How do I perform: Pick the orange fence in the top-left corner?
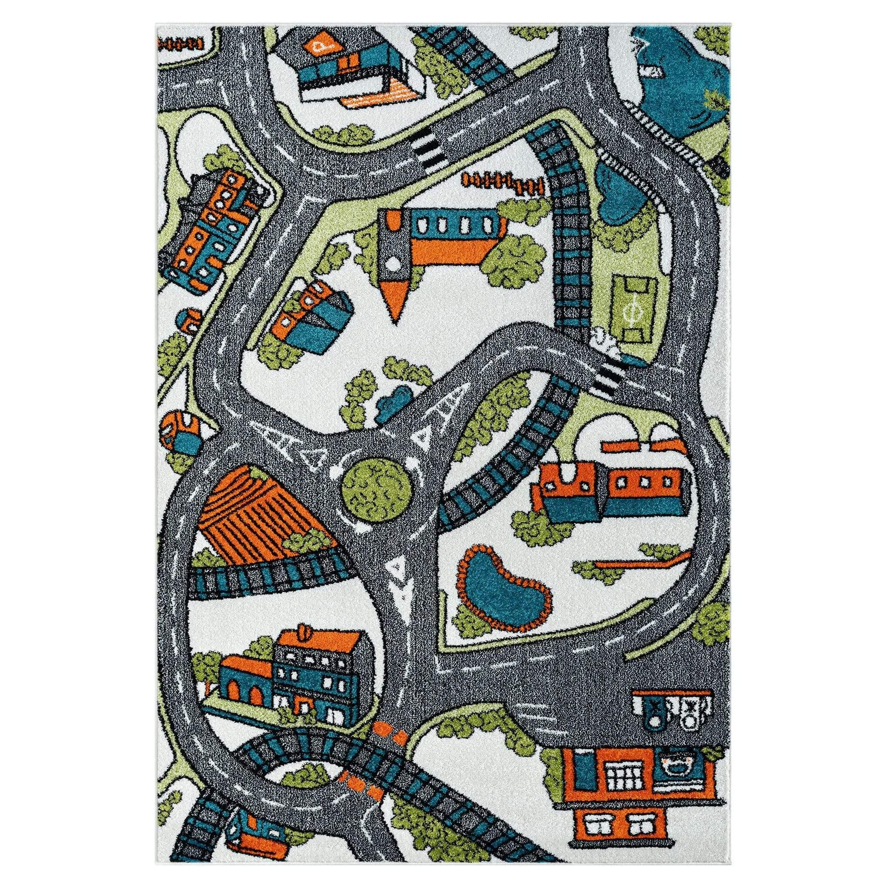(x=180, y=44)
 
